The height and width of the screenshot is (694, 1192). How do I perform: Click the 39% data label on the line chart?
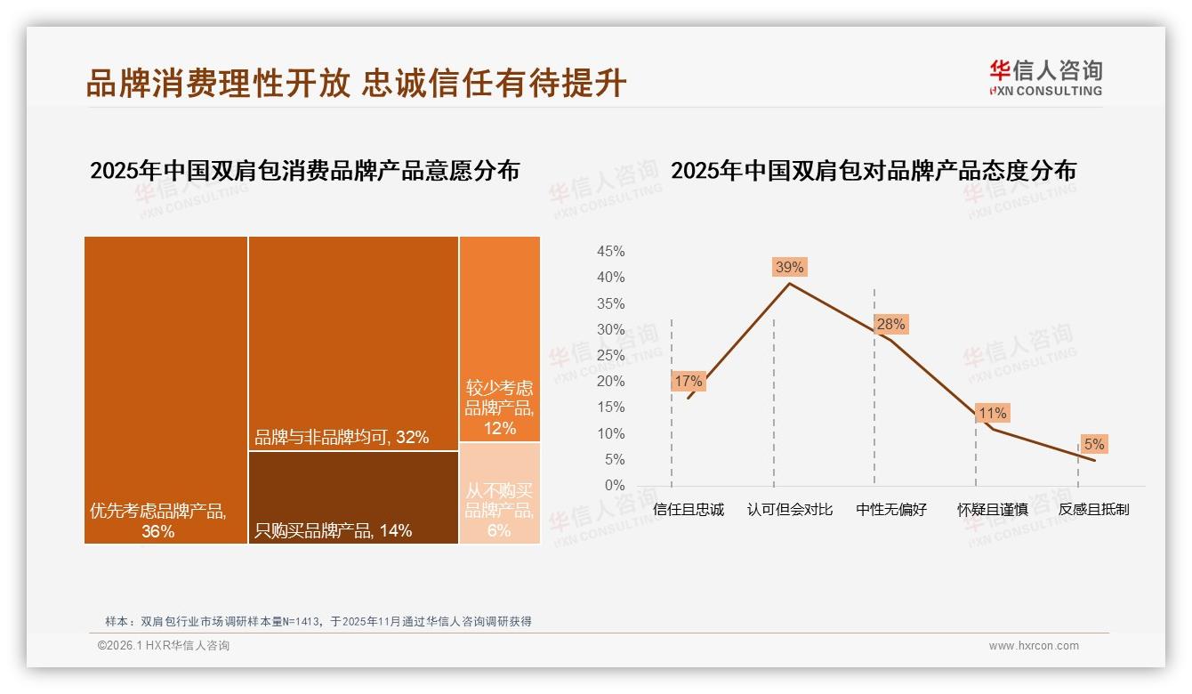click(x=789, y=267)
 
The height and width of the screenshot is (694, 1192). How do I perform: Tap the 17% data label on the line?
click(x=688, y=381)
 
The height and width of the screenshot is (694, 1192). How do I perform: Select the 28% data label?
click(x=890, y=324)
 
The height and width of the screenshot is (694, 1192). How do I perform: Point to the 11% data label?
click(x=992, y=413)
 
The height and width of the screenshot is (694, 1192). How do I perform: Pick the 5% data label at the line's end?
click(x=1094, y=444)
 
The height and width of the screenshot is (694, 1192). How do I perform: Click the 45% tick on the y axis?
click(x=610, y=252)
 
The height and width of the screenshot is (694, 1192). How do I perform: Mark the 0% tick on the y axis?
click(x=614, y=485)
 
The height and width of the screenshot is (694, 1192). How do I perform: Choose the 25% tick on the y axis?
click(x=610, y=356)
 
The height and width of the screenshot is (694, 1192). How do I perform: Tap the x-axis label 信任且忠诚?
click(x=688, y=510)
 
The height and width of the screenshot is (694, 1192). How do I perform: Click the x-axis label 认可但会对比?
click(x=790, y=510)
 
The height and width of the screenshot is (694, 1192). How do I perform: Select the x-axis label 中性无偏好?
click(x=891, y=510)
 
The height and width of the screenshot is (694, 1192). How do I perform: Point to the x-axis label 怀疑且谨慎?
click(x=993, y=510)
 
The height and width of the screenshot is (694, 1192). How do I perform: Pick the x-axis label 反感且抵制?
click(x=1093, y=510)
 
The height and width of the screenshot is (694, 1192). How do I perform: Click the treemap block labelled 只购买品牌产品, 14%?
click(x=353, y=496)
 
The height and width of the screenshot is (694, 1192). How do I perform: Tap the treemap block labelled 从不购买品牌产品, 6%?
click(x=499, y=493)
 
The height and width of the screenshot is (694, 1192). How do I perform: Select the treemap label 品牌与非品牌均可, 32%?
click(x=342, y=437)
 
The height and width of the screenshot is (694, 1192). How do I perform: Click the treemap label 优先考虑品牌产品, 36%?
click(x=158, y=521)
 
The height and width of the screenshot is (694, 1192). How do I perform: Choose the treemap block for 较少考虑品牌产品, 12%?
click(x=499, y=338)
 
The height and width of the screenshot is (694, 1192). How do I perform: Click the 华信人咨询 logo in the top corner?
click(x=1045, y=77)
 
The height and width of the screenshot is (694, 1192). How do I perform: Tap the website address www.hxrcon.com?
click(x=1034, y=646)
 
